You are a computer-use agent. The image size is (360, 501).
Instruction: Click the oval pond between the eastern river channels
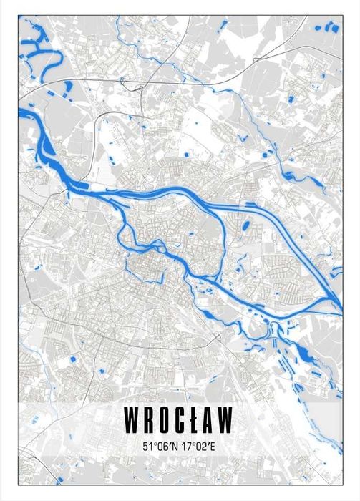(x=246, y=227)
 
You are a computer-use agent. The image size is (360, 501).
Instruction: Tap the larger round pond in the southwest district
(x=72, y=358)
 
